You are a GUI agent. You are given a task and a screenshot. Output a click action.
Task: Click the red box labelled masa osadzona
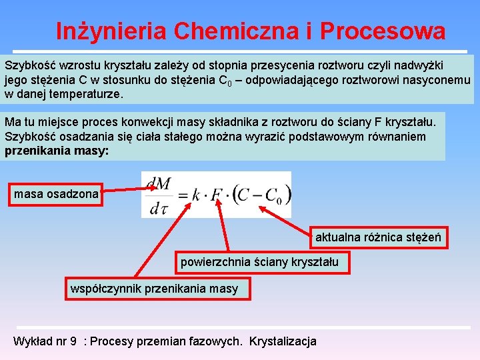point(55,195)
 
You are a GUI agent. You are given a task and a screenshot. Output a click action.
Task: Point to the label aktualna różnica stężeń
point(378,237)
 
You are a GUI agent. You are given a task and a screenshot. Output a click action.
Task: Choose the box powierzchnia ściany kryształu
point(259,262)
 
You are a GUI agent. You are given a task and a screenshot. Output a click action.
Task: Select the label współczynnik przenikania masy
point(158,289)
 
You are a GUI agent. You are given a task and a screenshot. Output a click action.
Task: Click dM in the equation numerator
point(159,183)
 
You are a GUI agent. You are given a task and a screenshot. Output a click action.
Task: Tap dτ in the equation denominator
point(159,209)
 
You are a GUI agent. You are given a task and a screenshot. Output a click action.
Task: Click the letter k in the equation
point(196,196)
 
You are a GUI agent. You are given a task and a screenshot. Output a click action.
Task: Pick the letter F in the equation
point(218,195)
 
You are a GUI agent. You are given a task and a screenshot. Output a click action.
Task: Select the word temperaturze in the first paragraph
point(92,95)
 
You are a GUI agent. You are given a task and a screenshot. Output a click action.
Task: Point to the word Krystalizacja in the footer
point(283,341)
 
